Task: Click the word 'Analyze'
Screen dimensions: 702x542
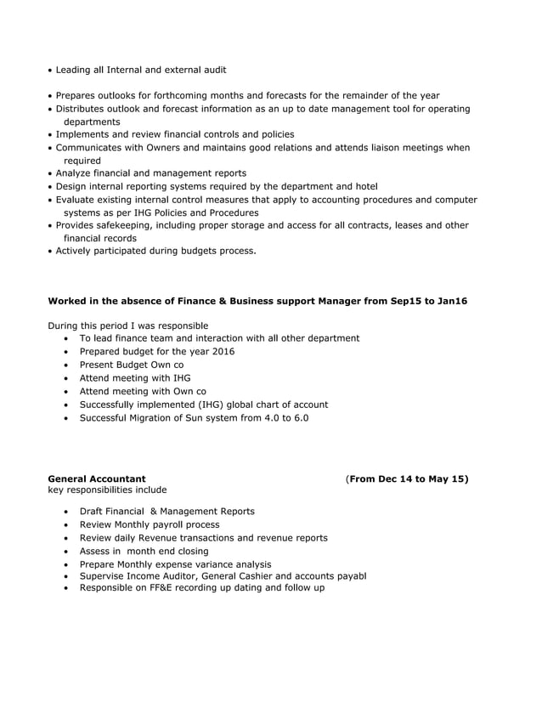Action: [76, 173]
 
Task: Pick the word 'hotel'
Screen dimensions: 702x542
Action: [364, 186]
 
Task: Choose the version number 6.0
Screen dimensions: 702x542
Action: [296, 418]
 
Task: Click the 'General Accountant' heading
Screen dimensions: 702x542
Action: [97, 479]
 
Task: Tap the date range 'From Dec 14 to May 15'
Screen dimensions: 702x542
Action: [409, 479]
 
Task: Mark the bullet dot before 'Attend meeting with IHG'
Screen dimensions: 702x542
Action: [66, 378]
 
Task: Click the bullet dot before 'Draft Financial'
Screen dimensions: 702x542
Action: [66, 512]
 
